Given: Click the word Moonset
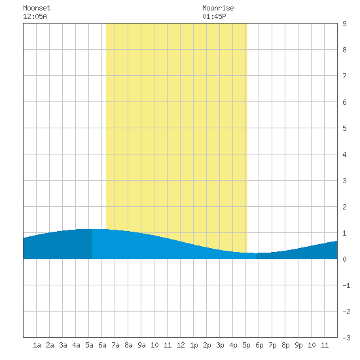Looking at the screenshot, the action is point(37,8).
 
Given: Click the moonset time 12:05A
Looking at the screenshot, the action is point(35,16).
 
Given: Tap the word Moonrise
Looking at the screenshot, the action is point(218,8).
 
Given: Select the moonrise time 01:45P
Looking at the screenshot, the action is point(214,16).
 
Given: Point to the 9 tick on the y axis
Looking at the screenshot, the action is point(344,24).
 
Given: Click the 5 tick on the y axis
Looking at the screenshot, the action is point(344,128).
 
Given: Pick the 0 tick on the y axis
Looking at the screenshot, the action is point(344,259).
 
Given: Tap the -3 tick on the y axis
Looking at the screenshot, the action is point(346,338).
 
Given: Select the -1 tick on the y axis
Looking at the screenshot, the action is point(346,285).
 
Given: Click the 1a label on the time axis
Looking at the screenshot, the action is point(37,345).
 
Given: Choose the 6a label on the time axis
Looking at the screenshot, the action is point(102,345).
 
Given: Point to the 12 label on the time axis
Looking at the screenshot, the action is point(181,345).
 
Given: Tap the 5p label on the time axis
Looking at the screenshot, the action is point(246,345).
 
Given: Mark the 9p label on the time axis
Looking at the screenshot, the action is point(298,345).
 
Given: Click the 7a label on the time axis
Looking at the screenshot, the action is point(115,345).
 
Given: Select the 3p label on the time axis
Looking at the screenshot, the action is point(220,345).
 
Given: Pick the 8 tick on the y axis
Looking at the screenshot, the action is point(344,50).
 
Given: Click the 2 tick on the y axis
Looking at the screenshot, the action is point(344,207).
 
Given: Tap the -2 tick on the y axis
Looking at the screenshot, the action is point(346,312).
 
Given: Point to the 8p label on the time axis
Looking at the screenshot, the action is point(285,345).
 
